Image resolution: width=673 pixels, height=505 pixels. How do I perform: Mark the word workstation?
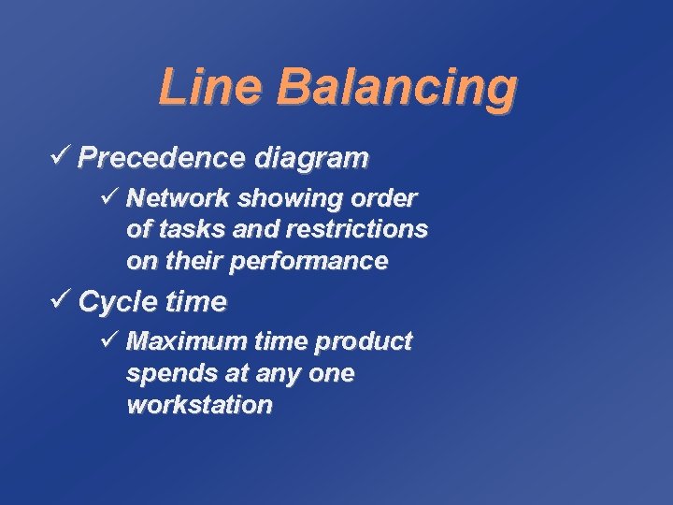point(199,405)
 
